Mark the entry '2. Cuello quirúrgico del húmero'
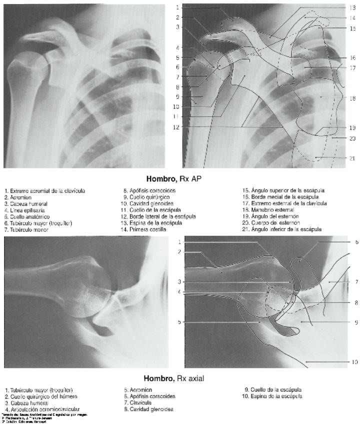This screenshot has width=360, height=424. pyautogui.click(x=39, y=396)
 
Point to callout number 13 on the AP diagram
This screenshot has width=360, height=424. pyautogui.click(x=352, y=8)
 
